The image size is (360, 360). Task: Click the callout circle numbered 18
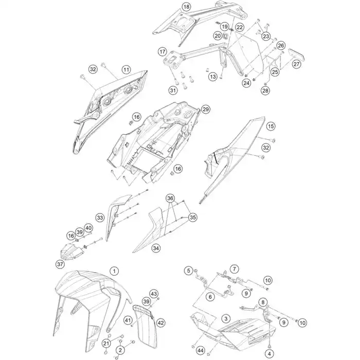coord(186,7)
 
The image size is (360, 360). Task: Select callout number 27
coord(296,64)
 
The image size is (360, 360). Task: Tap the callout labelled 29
coord(206,109)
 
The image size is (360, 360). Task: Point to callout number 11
coord(126,69)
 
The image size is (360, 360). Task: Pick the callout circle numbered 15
coord(271,126)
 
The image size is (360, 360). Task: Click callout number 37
coord(60,264)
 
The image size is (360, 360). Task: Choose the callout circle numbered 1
coord(114,271)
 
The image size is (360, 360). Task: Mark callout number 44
coord(201,350)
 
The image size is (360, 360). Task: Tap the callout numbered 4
coord(269,354)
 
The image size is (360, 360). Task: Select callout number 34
coord(156,248)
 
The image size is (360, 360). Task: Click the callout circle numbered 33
coord(100,218)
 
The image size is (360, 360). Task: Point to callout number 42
coord(160,323)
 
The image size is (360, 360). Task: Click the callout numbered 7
coord(234,269)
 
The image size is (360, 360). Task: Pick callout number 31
coord(173,90)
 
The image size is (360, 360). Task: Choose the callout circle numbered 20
coord(218,35)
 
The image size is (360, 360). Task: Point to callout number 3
coord(226,318)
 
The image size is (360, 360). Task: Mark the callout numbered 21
coord(106,344)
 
